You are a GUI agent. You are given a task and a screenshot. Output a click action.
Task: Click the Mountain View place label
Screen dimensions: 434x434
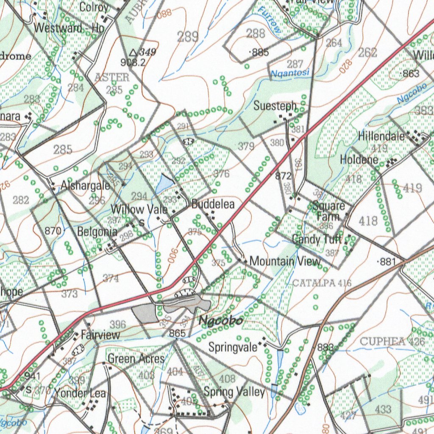click(x=285, y=261)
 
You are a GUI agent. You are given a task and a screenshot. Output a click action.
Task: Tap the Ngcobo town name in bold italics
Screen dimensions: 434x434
click(x=221, y=321)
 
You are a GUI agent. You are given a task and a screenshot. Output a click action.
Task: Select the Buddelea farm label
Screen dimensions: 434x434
click(x=213, y=204)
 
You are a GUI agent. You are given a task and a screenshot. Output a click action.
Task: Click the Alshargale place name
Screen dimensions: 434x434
click(x=85, y=186)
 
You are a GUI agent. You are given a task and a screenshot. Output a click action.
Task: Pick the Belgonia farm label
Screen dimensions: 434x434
click(x=97, y=232)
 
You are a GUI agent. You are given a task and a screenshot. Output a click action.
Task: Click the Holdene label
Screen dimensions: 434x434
click(x=359, y=160)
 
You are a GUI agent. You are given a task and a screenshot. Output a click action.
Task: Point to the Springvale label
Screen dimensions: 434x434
click(x=233, y=347)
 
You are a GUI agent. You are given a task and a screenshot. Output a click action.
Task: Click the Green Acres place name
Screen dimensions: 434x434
click(x=136, y=359)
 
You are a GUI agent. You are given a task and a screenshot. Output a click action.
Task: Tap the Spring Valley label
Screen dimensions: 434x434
click(x=234, y=391)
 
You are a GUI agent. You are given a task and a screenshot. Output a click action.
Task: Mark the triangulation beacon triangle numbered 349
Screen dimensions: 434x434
click(x=133, y=53)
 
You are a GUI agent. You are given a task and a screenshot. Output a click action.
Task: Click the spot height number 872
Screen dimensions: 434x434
click(x=283, y=175)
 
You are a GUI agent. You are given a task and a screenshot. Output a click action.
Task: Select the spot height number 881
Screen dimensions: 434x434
click(x=387, y=262)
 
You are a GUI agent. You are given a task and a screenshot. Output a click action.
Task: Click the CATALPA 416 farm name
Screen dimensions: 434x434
click(x=322, y=283)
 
